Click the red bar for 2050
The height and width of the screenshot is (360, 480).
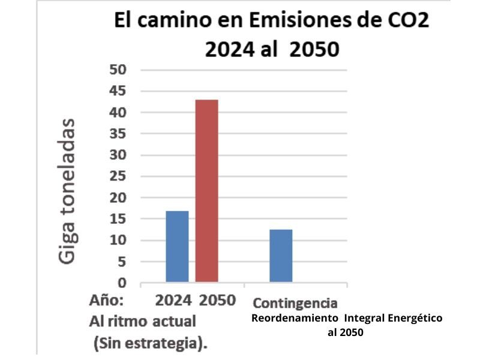[x=207, y=191]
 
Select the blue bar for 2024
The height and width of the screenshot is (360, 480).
[x=177, y=247]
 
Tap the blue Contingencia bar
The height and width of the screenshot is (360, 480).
[x=281, y=256]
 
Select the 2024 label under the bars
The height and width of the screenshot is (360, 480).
[x=173, y=300]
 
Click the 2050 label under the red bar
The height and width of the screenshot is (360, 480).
[x=217, y=300]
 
